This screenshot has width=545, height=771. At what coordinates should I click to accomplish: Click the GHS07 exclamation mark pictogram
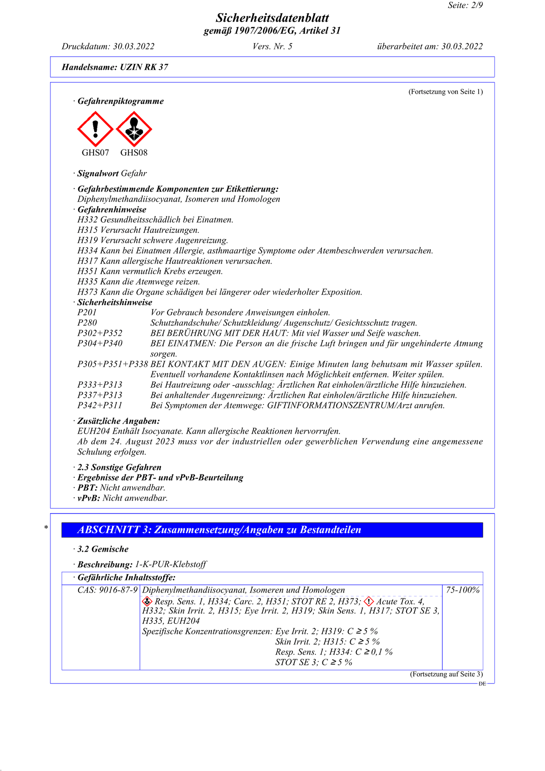pos(95,129)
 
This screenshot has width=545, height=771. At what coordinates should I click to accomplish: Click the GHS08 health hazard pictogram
pos(134,129)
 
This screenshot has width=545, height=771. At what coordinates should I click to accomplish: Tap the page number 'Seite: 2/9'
pos(465,5)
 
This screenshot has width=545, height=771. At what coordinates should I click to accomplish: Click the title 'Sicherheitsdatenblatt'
pos(272,18)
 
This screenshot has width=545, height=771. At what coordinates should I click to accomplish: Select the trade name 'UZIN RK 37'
pos(144,67)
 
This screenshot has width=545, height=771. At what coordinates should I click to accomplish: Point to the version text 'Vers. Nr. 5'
pos(272,46)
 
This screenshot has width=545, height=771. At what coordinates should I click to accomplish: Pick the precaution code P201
pos(87,312)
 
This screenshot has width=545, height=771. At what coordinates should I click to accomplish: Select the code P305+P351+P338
pos(113,364)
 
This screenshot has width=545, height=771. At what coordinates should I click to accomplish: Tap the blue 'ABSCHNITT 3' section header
pos(272,530)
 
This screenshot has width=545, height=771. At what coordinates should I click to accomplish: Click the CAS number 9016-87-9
pos(108,590)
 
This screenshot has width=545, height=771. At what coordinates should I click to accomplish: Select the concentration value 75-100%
pos(463,590)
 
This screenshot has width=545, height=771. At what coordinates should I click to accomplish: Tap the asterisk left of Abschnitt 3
pos(46,527)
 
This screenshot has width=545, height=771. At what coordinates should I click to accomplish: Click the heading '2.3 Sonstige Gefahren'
pos(119,467)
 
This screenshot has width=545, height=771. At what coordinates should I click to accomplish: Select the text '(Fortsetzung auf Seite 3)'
pos(446,674)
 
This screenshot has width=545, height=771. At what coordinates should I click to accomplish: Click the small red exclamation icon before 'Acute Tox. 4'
pos(369,602)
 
